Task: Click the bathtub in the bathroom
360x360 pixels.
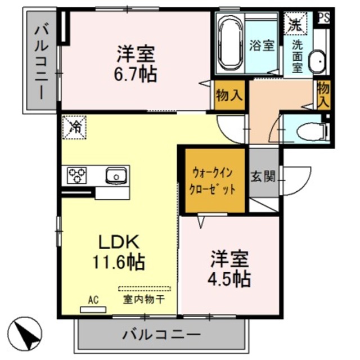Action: pos(229,44)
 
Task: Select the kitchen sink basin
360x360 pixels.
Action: pos(116,175)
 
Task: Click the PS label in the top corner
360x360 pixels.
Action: pos(323,17)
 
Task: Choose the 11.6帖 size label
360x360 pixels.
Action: pos(120,262)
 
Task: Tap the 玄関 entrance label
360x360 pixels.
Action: pos(263,177)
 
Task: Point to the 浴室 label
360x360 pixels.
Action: pos(262,46)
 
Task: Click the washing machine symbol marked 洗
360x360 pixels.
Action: pos(295,24)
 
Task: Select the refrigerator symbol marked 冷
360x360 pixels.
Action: pos(74,126)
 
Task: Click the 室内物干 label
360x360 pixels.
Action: pos(143,299)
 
